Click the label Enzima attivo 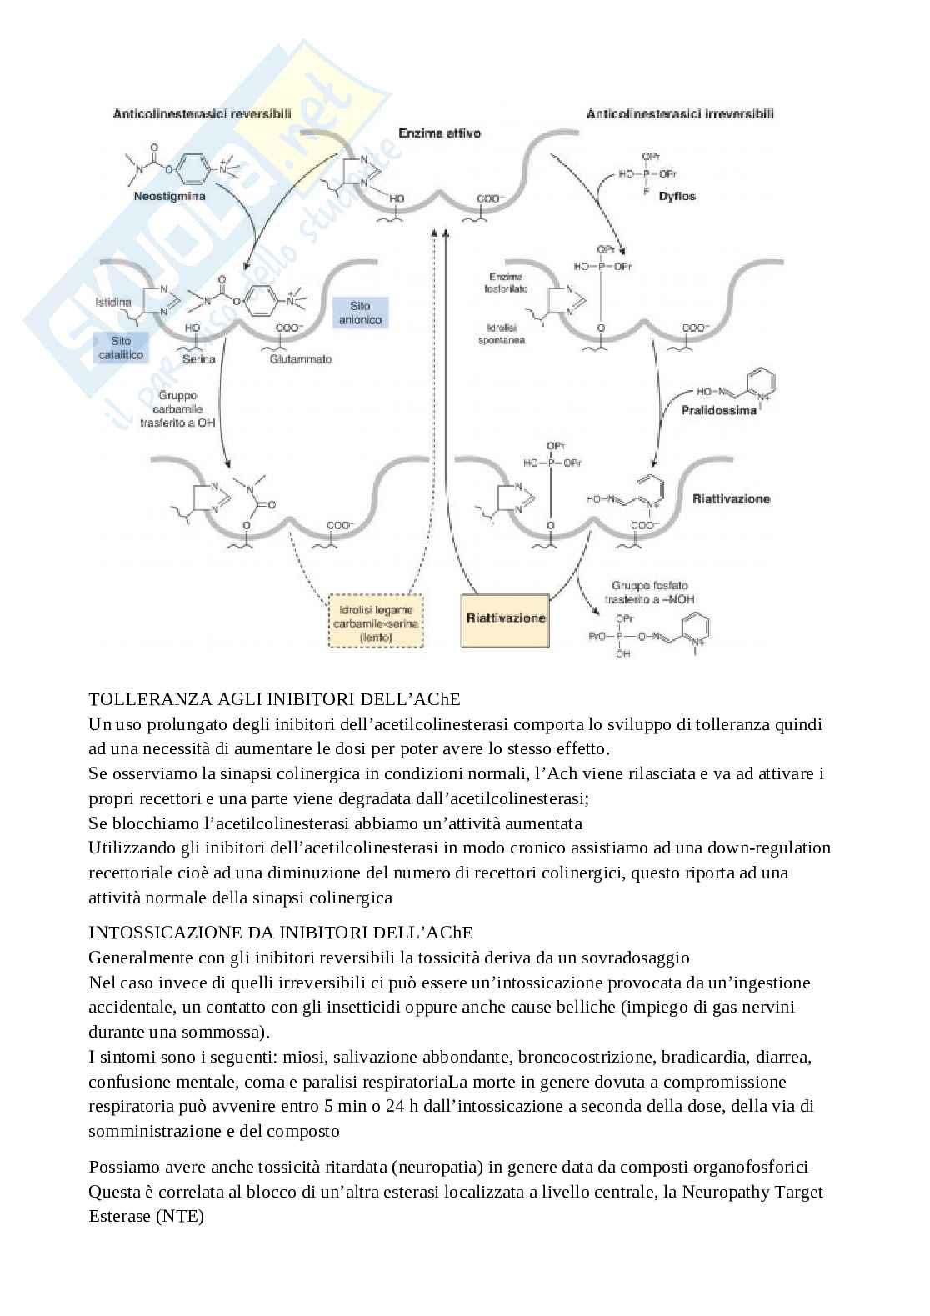(439, 133)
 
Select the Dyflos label (677, 196)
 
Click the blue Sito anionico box (360, 313)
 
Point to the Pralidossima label (718, 410)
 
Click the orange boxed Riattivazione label (506, 618)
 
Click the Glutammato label (300, 359)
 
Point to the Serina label (199, 359)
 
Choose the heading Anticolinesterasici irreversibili (680, 113)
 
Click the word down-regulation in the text (768, 848)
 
